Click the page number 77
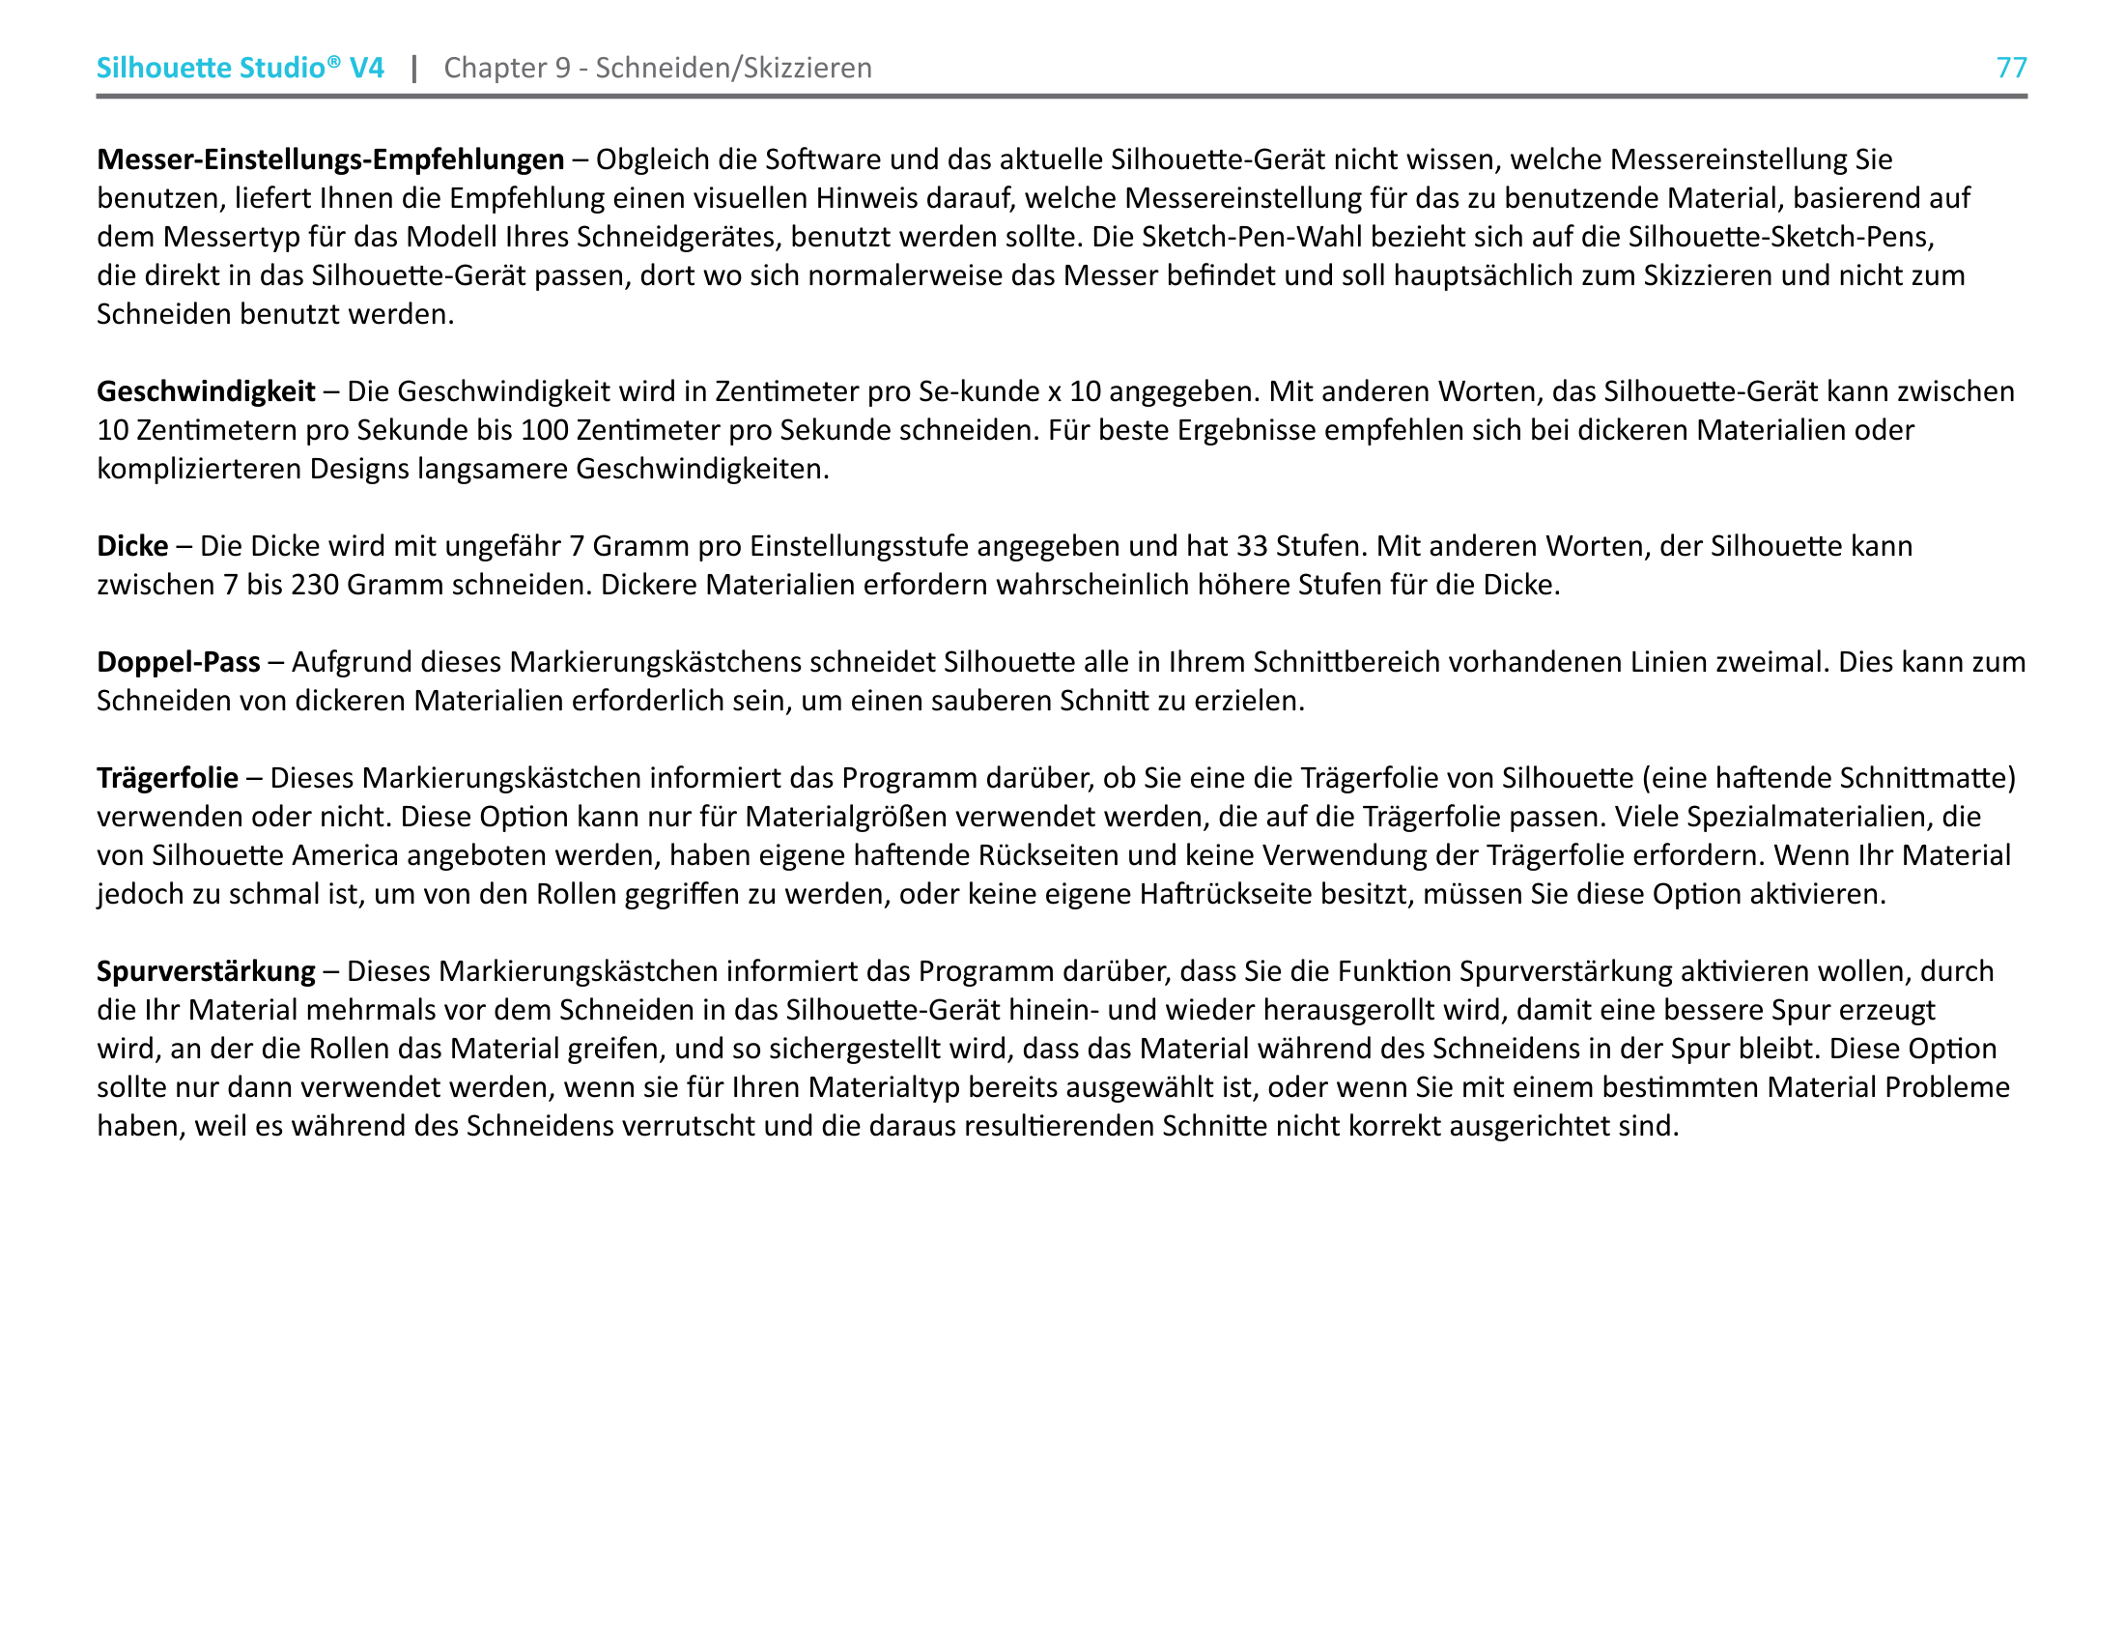point(2011,67)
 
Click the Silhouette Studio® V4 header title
point(240,67)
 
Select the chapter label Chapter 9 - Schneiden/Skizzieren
point(658,67)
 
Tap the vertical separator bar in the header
point(414,67)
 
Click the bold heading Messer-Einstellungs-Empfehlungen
point(329,158)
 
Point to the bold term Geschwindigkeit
point(206,391)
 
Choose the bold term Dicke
point(132,546)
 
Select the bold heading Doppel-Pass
point(178,662)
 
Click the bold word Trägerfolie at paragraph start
point(167,778)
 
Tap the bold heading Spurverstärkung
point(206,971)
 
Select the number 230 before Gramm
point(314,585)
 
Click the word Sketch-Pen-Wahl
point(1252,237)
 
